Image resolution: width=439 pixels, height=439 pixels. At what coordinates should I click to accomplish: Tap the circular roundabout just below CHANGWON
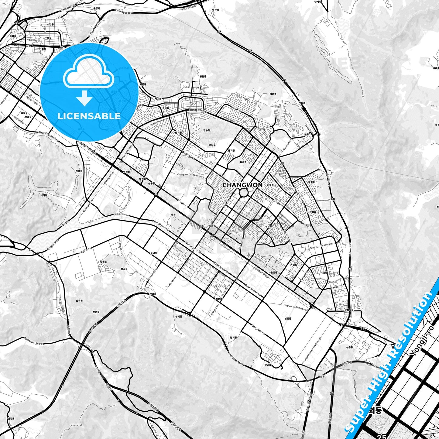[x=244, y=193]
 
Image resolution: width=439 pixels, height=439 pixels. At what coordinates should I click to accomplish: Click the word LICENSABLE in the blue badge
[x=89, y=116]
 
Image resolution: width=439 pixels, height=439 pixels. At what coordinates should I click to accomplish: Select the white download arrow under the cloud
[x=84, y=98]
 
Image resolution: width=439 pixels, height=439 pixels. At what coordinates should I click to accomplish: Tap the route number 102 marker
[x=16, y=23]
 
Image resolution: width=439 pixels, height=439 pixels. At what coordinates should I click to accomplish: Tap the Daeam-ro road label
[x=337, y=286]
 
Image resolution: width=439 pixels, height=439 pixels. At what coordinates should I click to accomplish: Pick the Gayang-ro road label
[x=304, y=275]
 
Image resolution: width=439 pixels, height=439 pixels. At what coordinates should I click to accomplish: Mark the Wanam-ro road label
[x=172, y=282]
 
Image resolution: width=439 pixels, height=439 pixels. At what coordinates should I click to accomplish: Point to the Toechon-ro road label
[x=263, y=128]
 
